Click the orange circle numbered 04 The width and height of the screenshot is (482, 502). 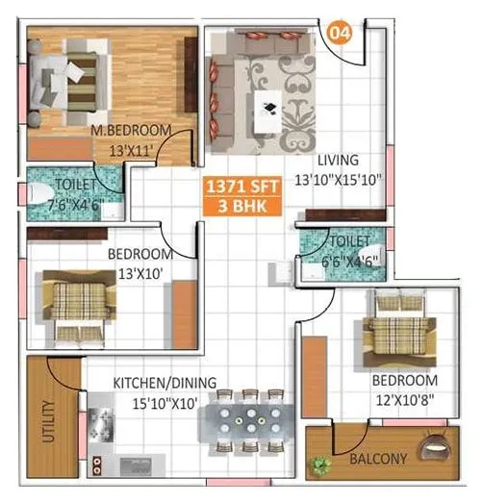[x=340, y=32]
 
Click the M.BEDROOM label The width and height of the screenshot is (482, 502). [x=131, y=130]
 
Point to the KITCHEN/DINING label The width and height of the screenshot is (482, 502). [x=165, y=383]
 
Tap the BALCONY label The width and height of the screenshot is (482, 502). [x=378, y=459]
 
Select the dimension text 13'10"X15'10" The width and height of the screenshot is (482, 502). [x=340, y=177]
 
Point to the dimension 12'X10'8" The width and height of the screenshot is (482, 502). [x=404, y=397]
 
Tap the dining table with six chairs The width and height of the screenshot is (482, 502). [x=248, y=420]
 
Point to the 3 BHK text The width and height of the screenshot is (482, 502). [x=235, y=207]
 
